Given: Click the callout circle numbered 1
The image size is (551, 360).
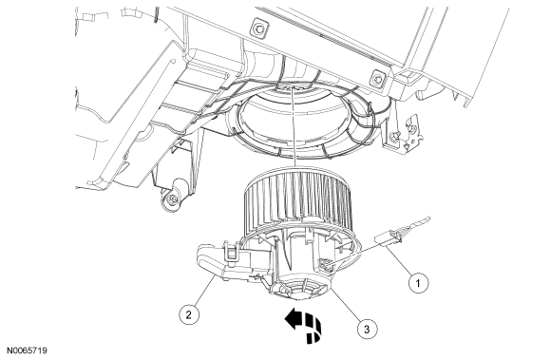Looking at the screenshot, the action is [x=419, y=282].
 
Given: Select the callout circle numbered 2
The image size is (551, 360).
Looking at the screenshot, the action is [x=189, y=314].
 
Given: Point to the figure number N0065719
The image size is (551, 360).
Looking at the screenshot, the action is [x=27, y=351].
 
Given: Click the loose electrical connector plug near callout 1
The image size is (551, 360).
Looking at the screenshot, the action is [x=389, y=237].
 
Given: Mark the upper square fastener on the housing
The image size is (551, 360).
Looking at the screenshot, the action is [x=259, y=28].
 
